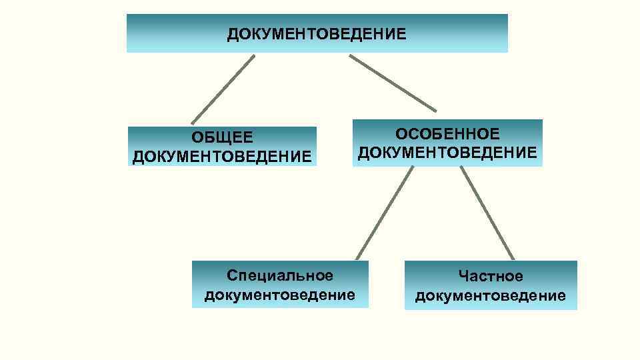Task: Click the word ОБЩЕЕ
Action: tap(222, 137)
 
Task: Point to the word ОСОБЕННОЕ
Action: tap(447, 133)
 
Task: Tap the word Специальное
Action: tap(279, 275)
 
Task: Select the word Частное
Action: tap(490, 276)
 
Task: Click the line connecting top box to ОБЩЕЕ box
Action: tap(223, 89)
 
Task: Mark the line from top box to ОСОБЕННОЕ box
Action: tap(393, 83)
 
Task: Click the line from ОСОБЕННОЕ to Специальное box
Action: tap(385, 213)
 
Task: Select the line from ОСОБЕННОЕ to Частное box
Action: tap(487, 213)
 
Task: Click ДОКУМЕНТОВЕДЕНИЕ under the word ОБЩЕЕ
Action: tap(222, 157)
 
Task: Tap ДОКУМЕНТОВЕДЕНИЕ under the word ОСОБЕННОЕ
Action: tap(447, 153)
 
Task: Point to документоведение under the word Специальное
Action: tap(279, 295)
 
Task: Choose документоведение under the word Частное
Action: tap(490, 295)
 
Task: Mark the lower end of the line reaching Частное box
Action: tap(513, 258)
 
